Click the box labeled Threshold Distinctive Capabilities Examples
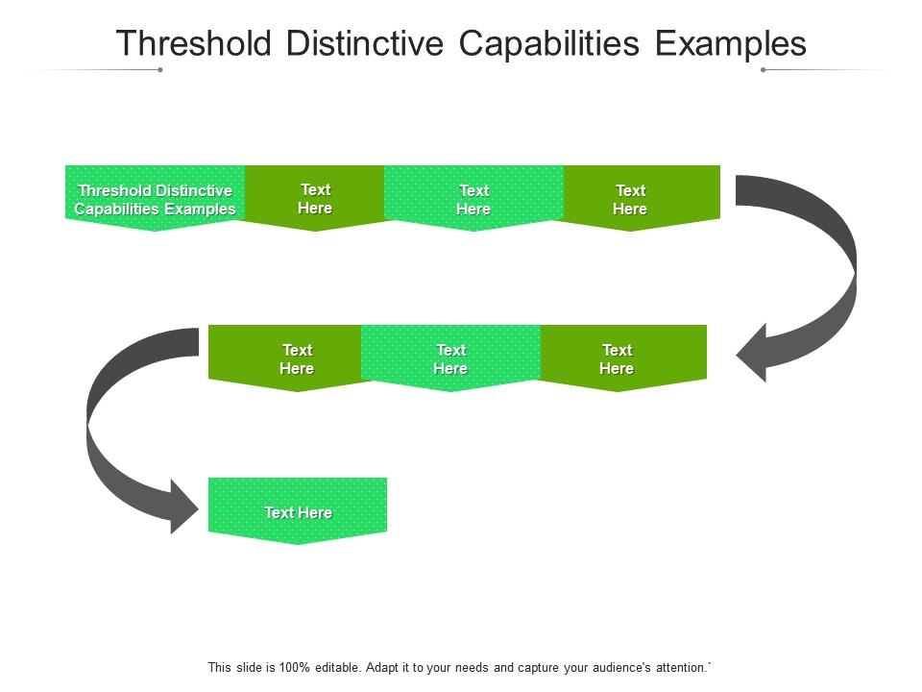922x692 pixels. pyautogui.click(x=155, y=198)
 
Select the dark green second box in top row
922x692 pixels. pyautogui.click(x=315, y=198)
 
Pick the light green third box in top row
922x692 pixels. pyautogui.click(x=473, y=198)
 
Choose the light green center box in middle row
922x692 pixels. pyautogui.click(x=450, y=358)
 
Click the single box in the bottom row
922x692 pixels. pyautogui.click(x=298, y=510)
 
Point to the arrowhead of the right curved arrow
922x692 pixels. pyautogui.click(x=754, y=354)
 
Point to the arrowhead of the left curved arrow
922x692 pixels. pyautogui.click(x=184, y=506)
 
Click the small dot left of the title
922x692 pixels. pyautogui.click(x=160, y=69)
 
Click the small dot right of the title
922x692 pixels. pyautogui.click(x=763, y=69)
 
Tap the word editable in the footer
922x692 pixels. pyautogui.click(x=326, y=666)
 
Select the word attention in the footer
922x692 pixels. pyautogui.click(x=678, y=666)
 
